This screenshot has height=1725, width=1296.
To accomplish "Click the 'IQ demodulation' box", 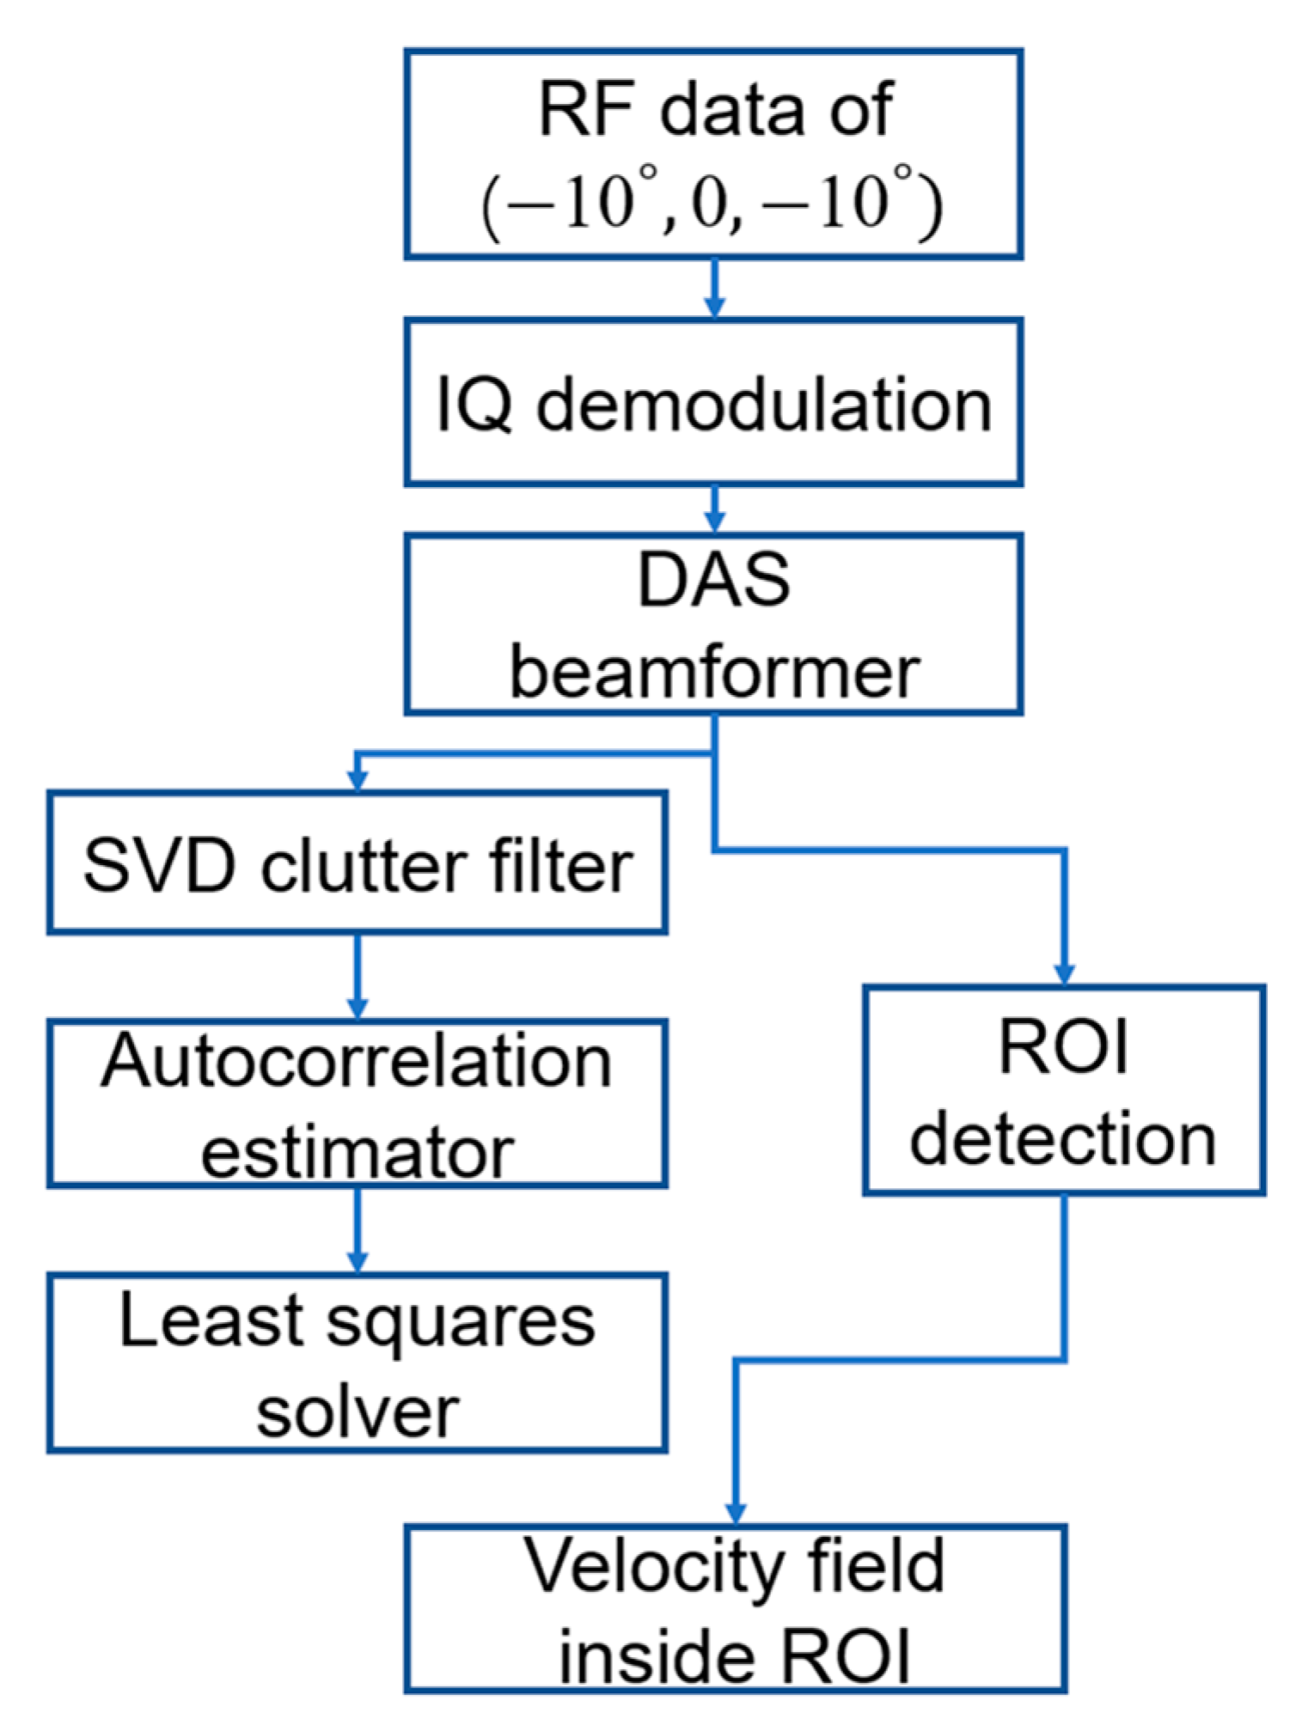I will (x=713, y=403).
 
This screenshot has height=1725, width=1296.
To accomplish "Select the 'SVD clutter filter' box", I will (x=357, y=862).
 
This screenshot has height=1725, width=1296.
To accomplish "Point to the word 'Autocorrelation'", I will (x=357, y=1063).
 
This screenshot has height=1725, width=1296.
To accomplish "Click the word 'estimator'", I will (x=357, y=1153).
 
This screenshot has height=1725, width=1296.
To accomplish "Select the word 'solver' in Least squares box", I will (x=357, y=1413).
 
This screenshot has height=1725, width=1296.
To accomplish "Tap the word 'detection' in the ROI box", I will (x=1063, y=1140).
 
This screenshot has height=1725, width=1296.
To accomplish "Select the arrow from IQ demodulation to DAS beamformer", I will (x=714, y=510).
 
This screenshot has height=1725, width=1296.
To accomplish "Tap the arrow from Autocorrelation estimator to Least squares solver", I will (x=358, y=1230).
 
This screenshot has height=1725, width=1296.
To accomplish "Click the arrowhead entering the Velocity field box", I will (x=736, y=1513).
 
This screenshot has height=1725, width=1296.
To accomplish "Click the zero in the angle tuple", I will (x=708, y=206).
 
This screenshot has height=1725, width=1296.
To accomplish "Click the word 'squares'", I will (x=462, y=1323).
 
